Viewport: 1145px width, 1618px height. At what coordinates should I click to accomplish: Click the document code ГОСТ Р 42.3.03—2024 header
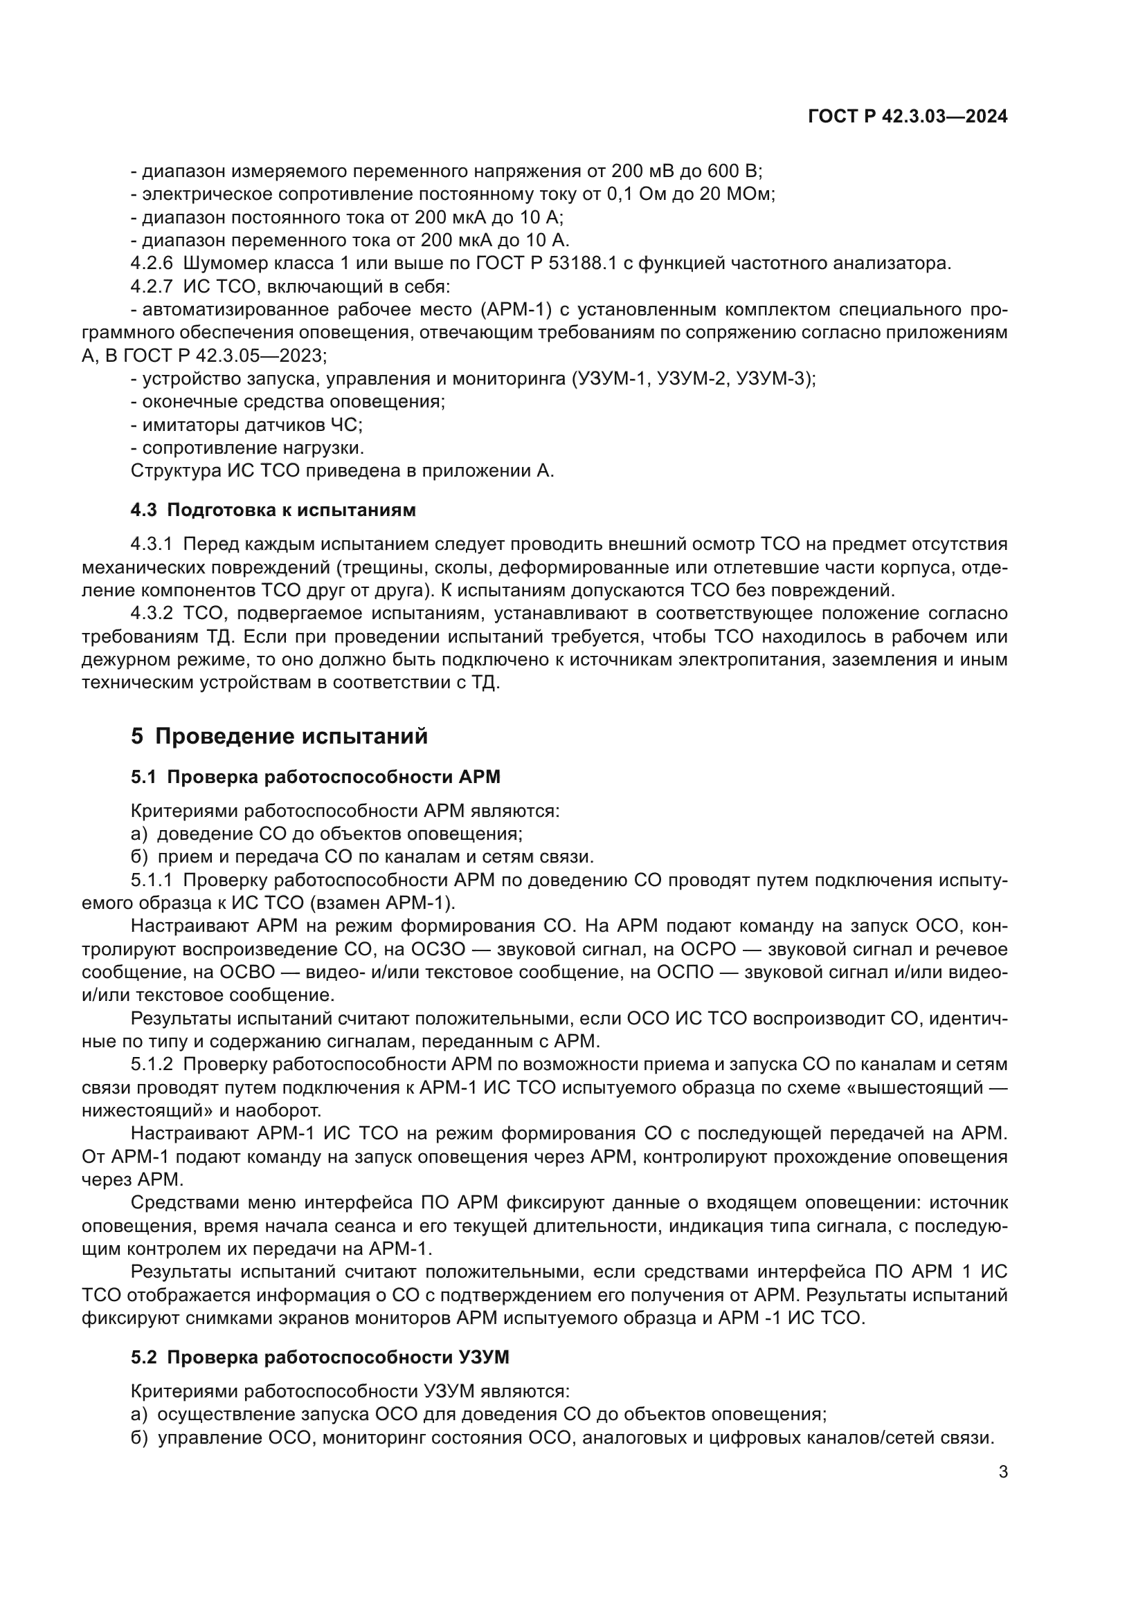[x=908, y=117]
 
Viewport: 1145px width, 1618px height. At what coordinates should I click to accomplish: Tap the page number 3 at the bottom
[x=1002, y=1472]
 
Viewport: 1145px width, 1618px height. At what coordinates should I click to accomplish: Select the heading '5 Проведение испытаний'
[x=279, y=737]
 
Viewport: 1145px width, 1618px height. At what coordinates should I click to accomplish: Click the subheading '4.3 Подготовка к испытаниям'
[x=273, y=511]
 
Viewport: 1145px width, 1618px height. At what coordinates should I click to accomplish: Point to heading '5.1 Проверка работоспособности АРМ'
[x=315, y=778]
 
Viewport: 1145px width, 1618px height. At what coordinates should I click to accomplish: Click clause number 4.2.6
[x=152, y=264]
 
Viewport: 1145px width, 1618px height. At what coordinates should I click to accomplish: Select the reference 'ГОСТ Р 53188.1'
[x=546, y=264]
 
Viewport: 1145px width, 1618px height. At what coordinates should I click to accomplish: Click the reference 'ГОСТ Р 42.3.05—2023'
[x=224, y=355]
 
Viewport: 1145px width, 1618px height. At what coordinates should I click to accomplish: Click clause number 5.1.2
[x=152, y=1064]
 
